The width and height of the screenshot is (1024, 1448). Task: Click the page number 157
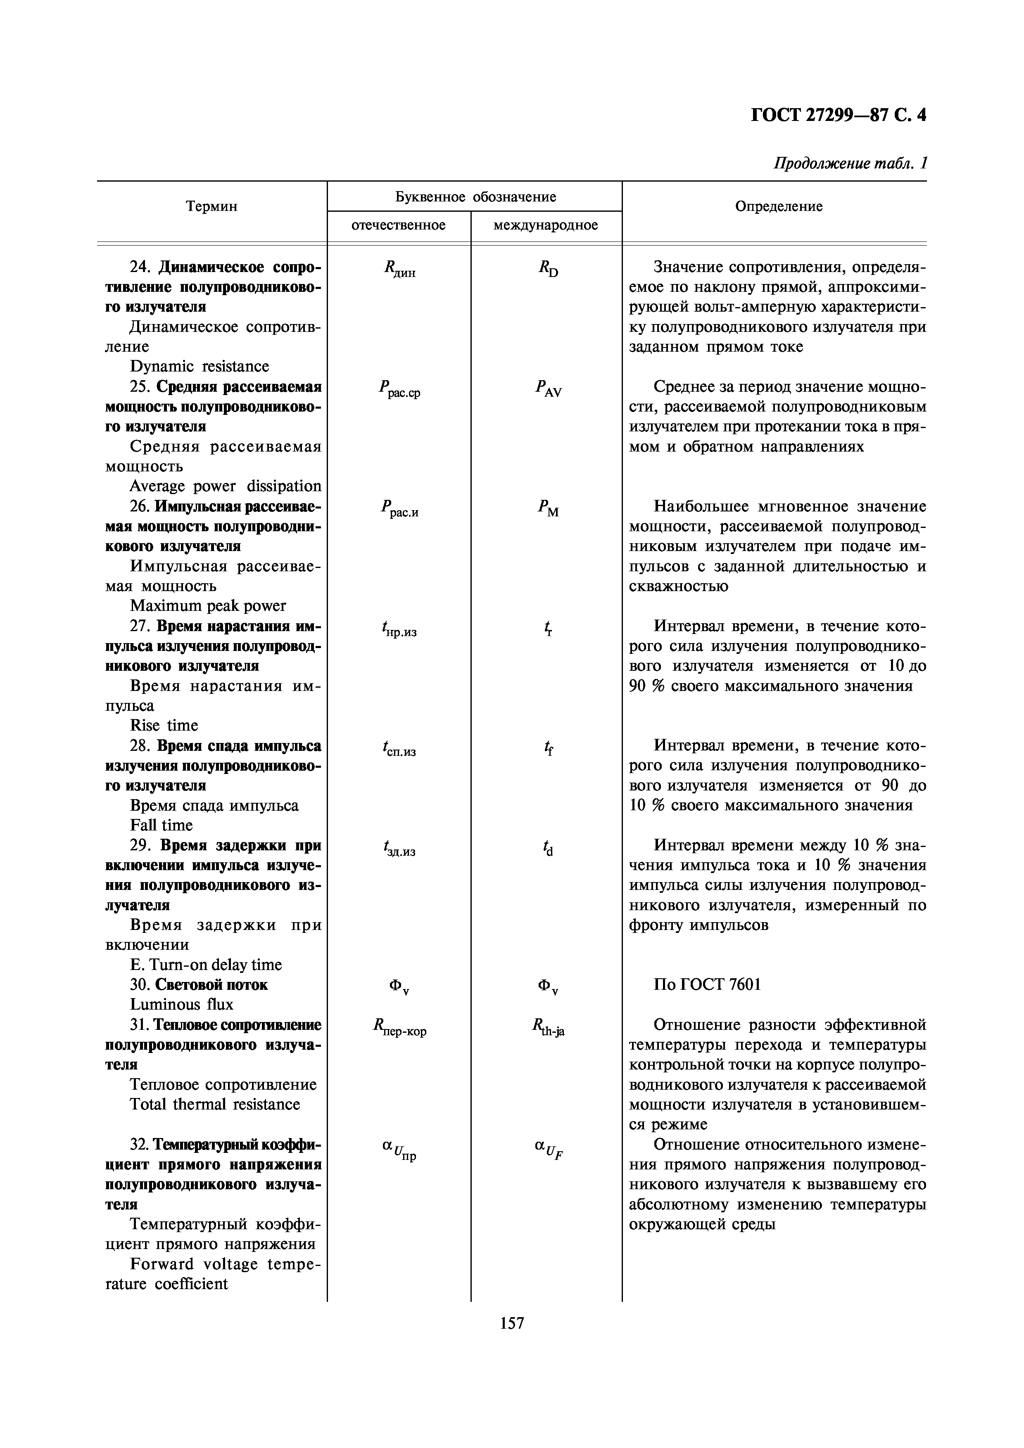pos(512,1323)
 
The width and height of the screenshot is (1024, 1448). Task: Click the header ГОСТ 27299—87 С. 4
pos(839,116)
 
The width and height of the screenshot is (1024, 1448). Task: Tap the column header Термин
pos(212,206)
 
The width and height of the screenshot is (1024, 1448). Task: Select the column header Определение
pos(779,206)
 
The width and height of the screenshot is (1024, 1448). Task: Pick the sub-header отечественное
pos(399,225)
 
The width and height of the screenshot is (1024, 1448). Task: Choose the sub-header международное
pos(546,225)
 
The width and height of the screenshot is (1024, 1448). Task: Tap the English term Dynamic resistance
pos(200,367)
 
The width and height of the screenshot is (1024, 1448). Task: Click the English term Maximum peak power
pos(208,606)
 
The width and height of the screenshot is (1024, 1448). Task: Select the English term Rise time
pos(164,725)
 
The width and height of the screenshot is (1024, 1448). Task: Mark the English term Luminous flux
pos(182,1005)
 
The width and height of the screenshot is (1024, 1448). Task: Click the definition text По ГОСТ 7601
pos(707,984)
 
